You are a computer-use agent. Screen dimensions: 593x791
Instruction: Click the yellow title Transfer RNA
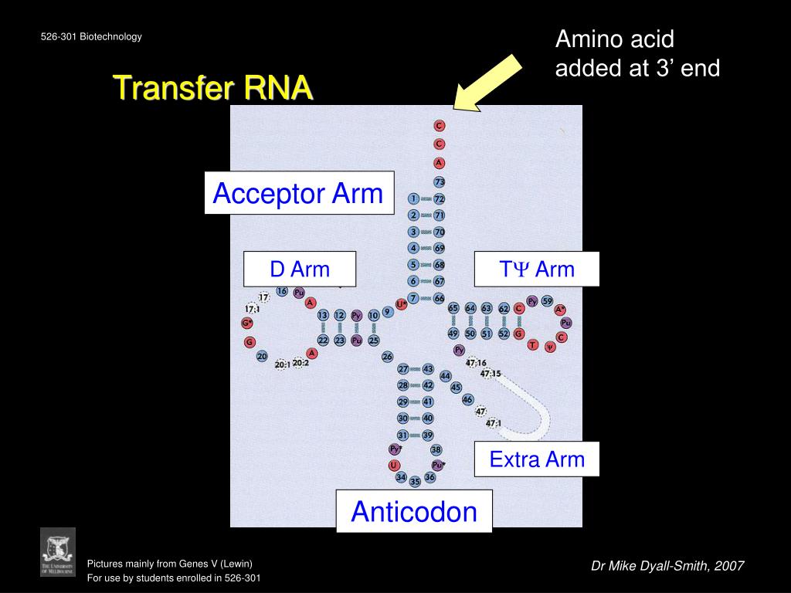tap(212, 88)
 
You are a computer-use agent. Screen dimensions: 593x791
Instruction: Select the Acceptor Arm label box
tap(298, 193)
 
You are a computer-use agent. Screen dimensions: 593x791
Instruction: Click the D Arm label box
tap(299, 269)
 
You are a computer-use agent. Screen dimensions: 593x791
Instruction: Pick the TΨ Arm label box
tap(536, 269)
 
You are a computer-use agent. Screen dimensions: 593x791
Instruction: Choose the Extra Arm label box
tap(536, 460)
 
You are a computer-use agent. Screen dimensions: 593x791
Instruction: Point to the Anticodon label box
tap(414, 511)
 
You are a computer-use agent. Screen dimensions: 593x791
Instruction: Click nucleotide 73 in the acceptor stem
tap(440, 182)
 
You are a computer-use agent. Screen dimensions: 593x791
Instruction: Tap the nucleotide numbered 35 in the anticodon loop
tap(415, 481)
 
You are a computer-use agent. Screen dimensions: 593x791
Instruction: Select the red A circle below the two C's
tap(440, 163)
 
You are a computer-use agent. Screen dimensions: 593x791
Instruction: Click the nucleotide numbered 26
tap(388, 357)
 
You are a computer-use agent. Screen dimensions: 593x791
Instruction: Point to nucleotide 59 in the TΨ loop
tap(547, 301)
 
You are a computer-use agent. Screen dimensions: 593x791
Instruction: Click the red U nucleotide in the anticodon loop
tap(395, 465)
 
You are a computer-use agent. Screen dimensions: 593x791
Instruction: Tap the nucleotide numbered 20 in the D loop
tap(263, 357)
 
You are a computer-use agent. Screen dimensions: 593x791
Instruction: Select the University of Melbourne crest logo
tap(58, 551)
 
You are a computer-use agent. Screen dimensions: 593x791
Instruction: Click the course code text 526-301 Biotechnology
tap(91, 36)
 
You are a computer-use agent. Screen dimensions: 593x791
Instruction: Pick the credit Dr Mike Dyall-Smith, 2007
tap(667, 566)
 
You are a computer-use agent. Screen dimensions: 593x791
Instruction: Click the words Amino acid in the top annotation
tap(615, 39)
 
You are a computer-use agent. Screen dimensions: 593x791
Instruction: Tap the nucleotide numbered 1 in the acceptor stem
tap(414, 198)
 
